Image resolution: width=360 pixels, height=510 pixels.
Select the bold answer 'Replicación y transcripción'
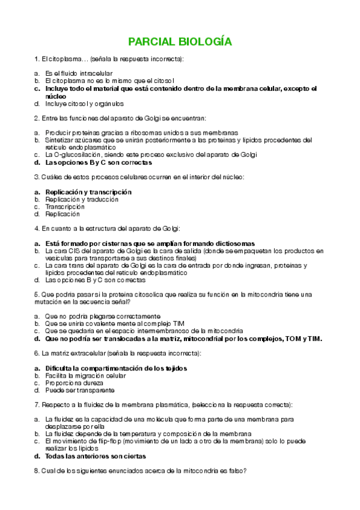tap(88, 192)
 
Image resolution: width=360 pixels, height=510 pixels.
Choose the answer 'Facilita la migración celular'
tap(85, 375)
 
